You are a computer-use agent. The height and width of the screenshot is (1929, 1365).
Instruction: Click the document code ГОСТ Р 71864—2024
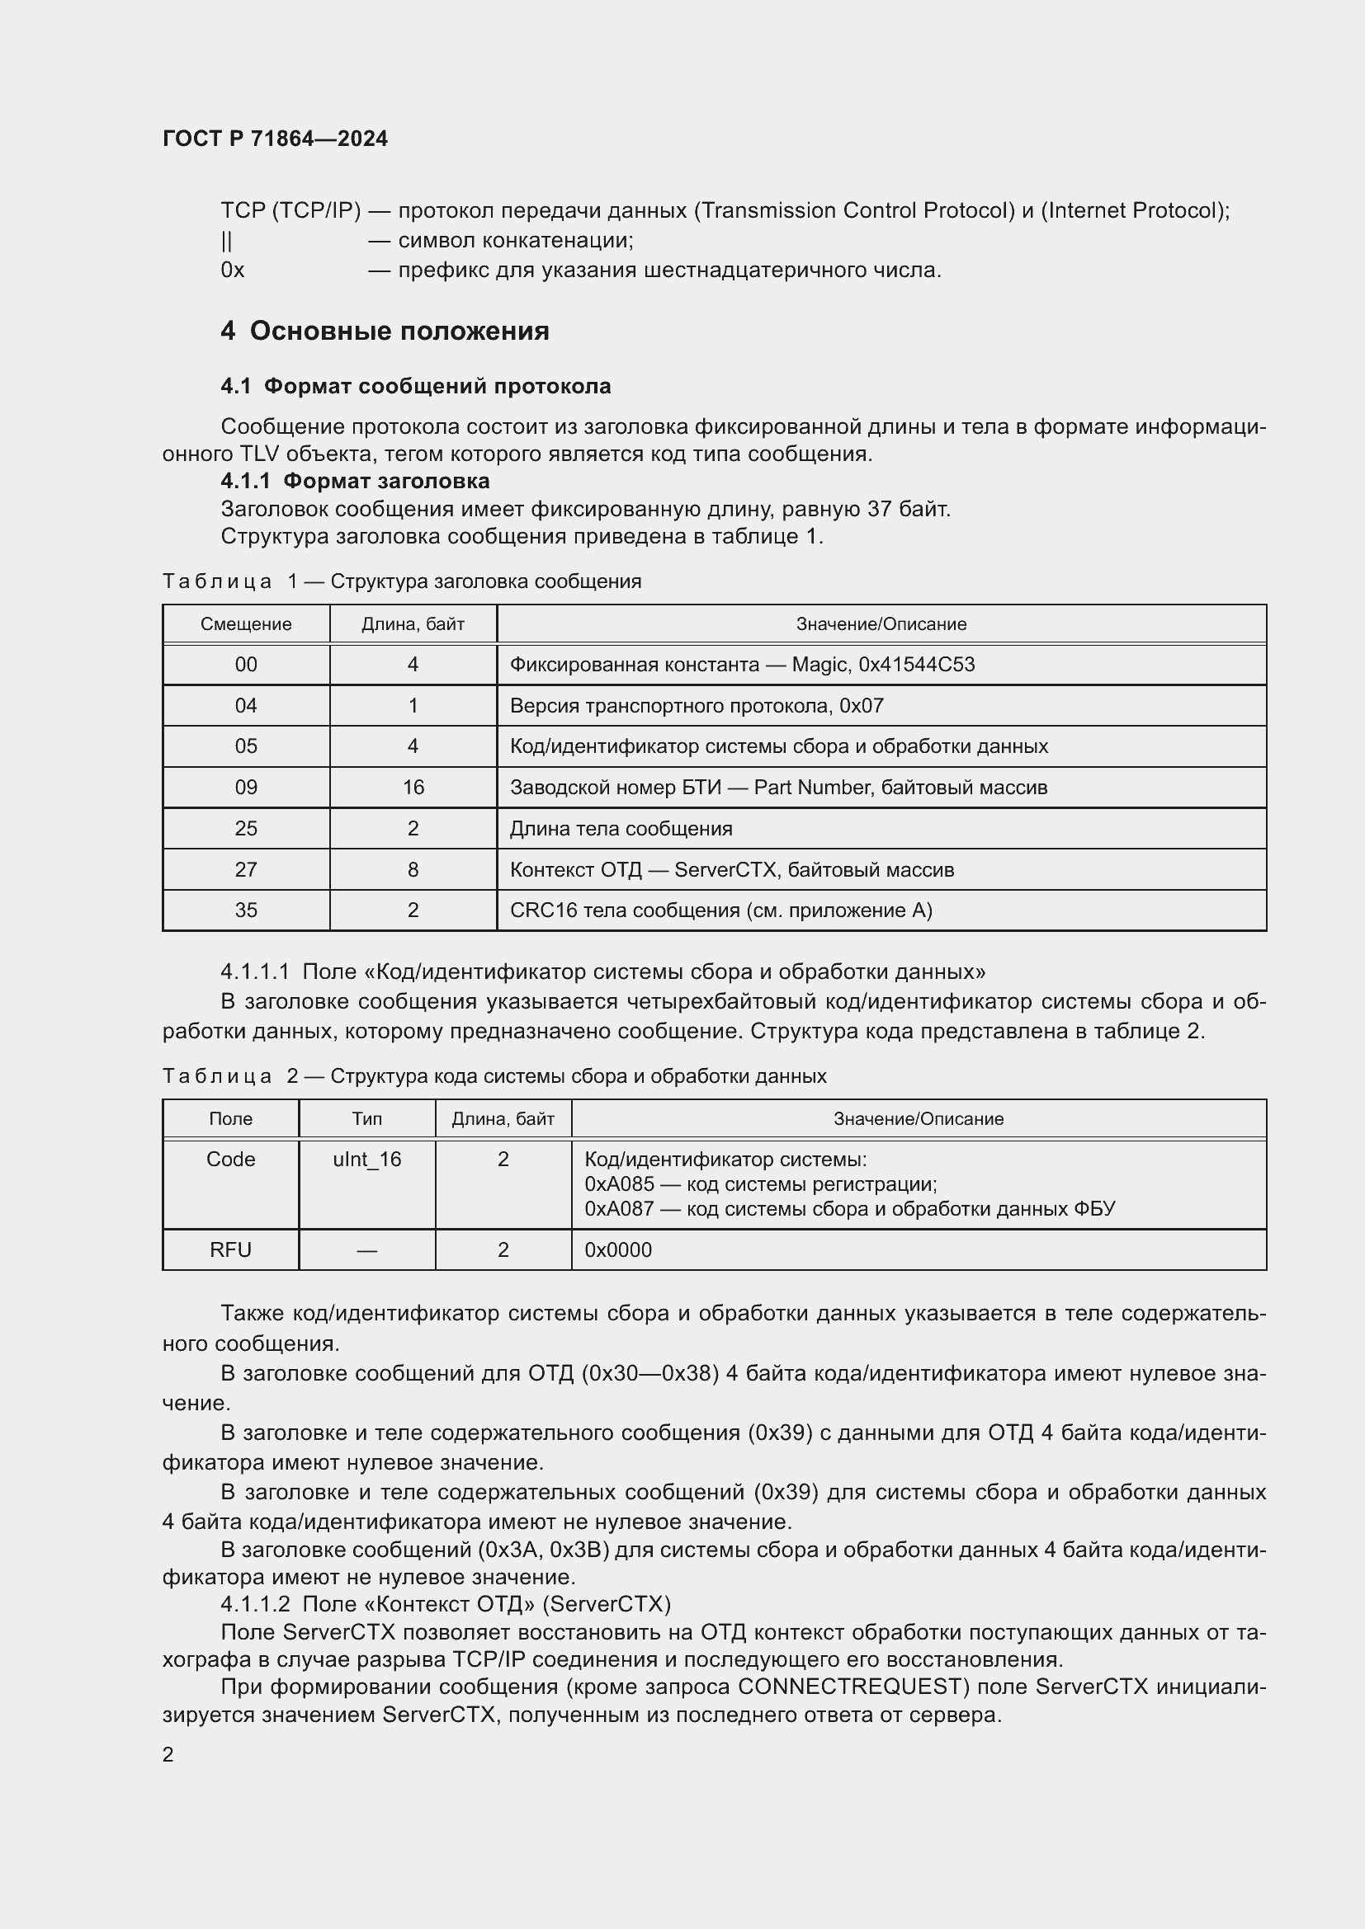coord(275,139)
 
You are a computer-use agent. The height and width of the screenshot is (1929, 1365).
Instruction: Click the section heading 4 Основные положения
coord(385,331)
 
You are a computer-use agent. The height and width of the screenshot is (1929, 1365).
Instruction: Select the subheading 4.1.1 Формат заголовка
coord(355,481)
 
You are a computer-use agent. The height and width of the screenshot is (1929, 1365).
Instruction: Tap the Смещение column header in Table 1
coord(245,624)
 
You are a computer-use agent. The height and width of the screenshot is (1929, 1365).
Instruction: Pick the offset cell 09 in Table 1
coord(245,788)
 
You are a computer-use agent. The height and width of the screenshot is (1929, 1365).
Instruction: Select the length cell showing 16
coord(413,788)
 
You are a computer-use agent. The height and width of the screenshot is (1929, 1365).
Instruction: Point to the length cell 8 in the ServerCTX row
coord(413,869)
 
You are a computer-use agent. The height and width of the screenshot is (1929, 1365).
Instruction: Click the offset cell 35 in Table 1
coord(245,910)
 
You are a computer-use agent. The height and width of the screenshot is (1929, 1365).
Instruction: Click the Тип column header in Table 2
coord(366,1118)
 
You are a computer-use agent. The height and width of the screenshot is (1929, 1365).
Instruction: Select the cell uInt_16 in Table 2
coord(366,1160)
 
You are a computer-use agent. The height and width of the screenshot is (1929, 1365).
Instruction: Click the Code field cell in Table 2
coord(230,1160)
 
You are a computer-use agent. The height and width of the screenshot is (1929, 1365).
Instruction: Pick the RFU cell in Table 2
coord(230,1250)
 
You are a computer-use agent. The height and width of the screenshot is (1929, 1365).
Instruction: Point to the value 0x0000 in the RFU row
coord(618,1250)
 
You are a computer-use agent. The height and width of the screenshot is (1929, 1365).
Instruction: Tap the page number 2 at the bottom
coord(168,1755)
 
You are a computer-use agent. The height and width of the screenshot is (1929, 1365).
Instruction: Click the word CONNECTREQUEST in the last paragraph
coord(850,1687)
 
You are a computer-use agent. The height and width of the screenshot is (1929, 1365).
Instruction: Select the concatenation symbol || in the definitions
coord(226,241)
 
